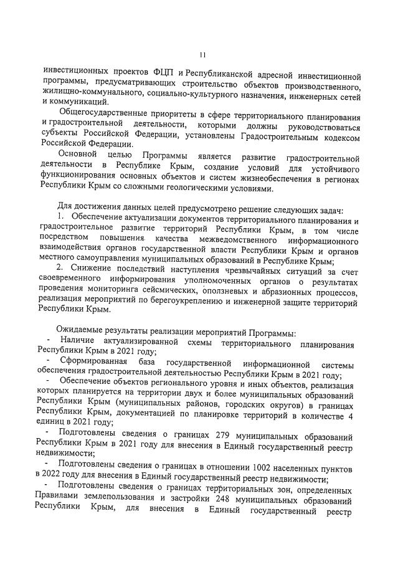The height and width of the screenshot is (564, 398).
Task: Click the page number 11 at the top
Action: pyautogui.click(x=202, y=54)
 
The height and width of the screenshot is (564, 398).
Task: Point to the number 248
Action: pyautogui.click(x=232, y=502)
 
